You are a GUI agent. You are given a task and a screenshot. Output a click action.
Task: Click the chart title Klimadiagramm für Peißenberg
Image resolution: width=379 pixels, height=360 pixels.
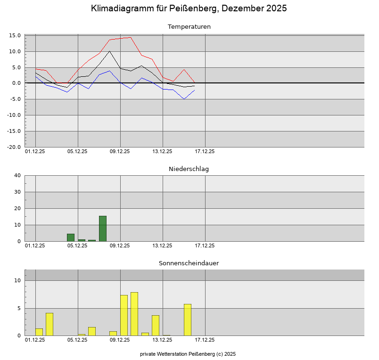click(189, 8)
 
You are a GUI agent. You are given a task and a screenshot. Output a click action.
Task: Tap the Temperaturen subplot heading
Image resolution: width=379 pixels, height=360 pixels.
click(189, 27)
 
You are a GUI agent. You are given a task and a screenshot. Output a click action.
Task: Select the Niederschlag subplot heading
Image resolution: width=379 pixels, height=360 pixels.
click(189, 169)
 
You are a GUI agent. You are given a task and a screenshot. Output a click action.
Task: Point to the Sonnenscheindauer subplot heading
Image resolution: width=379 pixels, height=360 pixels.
click(189, 263)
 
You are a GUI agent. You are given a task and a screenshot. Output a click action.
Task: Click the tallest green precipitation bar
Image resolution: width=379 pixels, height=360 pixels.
click(103, 229)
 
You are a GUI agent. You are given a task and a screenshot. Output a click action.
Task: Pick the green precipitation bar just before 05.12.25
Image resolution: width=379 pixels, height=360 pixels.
click(71, 237)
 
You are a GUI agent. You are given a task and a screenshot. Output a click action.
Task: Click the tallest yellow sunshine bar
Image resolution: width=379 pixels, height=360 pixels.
click(134, 314)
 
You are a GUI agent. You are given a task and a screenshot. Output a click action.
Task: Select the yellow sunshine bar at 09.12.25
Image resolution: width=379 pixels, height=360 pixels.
click(124, 315)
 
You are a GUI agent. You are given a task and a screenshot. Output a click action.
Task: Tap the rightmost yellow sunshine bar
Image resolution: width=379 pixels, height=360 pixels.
click(188, 319)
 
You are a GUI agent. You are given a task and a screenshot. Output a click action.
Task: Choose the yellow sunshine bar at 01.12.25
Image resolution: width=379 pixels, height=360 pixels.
click(39, 332)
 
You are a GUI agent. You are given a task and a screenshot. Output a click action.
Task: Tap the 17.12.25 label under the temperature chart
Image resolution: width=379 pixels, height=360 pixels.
click(205, 152)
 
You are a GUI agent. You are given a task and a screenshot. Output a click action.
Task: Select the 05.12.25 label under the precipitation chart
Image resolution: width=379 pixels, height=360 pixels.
click(77, 245)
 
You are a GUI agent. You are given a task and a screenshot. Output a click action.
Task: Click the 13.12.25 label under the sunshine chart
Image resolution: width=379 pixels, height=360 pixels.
click(162, 340)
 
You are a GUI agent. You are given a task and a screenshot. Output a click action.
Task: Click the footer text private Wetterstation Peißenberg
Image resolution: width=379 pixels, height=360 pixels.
click(188, 354)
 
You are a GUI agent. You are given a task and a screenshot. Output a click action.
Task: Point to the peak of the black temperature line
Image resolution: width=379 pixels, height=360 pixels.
click(109, 51)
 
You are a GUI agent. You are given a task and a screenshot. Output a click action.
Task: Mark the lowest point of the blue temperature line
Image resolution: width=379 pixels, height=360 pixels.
click(184, 99)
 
